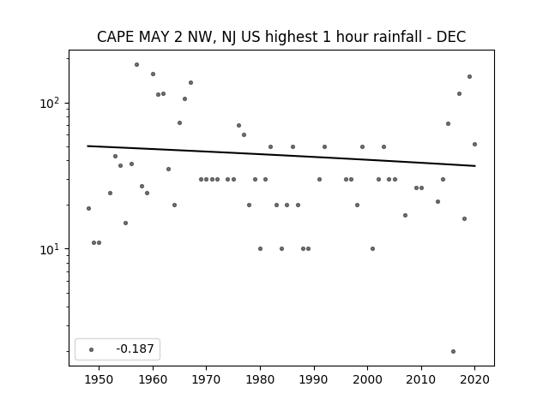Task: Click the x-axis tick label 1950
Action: [x=100, y=379]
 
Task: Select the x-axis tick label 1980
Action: [x=260, y=379]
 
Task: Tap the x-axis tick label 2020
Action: [x=474, y=379]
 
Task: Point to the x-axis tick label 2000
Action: [x=368, y=379]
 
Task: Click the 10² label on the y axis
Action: [x=52, y=104]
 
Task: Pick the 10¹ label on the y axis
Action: [x=52, y=249]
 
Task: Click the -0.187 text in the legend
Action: [x=135, y=348]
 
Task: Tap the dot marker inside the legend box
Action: [x=92, y=349]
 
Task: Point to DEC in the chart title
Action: [x=451, y=37]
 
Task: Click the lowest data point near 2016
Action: [x=454, y=351]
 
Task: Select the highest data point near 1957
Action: [x=137, y=65]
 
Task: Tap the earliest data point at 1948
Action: [x=88, y=208]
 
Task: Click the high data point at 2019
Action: [x=469, y=76]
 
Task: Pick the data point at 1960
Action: [x=153, y=74]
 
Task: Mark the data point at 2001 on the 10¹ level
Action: [x=372, y=249]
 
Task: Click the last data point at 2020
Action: [x=474, y=144]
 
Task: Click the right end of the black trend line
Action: [x=475, y=165]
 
